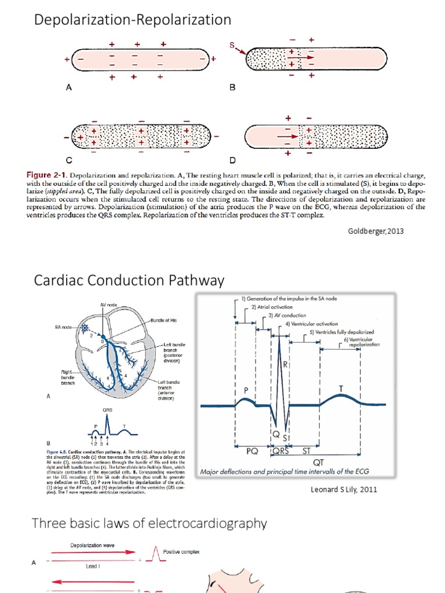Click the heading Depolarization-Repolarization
[133, 20]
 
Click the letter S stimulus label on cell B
[232, 46]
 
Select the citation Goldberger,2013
[375, 231]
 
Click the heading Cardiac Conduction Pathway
[129, 281]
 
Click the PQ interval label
[252, 453]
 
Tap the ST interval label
[307, 453]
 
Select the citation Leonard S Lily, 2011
[344, 489]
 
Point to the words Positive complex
[181, 552]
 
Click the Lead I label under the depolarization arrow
[93, 566]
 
